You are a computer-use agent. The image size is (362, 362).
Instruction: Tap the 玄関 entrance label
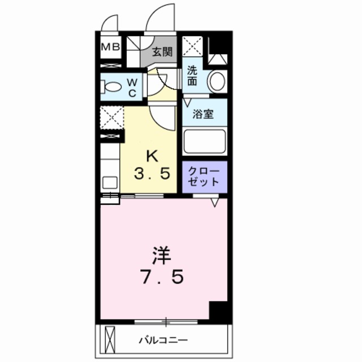(x=163, y=53)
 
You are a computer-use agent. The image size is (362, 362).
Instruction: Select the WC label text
(x=131, y=88)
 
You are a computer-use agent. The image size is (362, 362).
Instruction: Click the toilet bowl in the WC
(x=112, y=88)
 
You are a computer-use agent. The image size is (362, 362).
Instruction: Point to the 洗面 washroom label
(x=193, y=76)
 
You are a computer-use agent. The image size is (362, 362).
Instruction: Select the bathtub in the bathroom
(x=204, y=141)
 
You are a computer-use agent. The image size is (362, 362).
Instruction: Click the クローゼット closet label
(x=204, y=176)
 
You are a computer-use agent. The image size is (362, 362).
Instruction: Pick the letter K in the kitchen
(x=152, y=154)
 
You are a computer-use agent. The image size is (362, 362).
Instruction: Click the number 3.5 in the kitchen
(x=152, y=174)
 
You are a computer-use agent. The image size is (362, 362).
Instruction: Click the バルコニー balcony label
(x=163, y=340)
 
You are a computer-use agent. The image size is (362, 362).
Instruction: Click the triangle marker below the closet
(x=215, y=201)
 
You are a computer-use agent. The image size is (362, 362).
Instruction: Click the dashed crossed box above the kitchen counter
(x=111, y=117)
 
